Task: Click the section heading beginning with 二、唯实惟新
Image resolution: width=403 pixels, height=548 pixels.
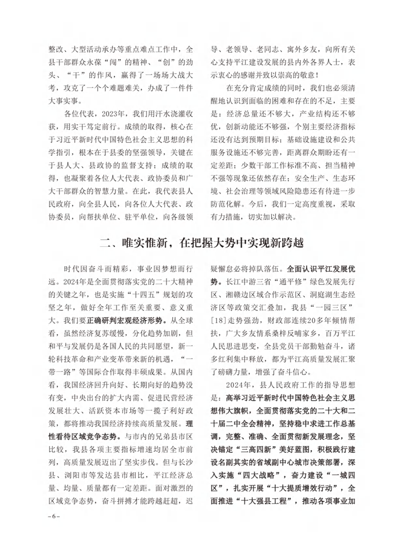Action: [x=202, y=243]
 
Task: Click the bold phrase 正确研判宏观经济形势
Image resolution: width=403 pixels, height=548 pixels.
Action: [x=127, y=322]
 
